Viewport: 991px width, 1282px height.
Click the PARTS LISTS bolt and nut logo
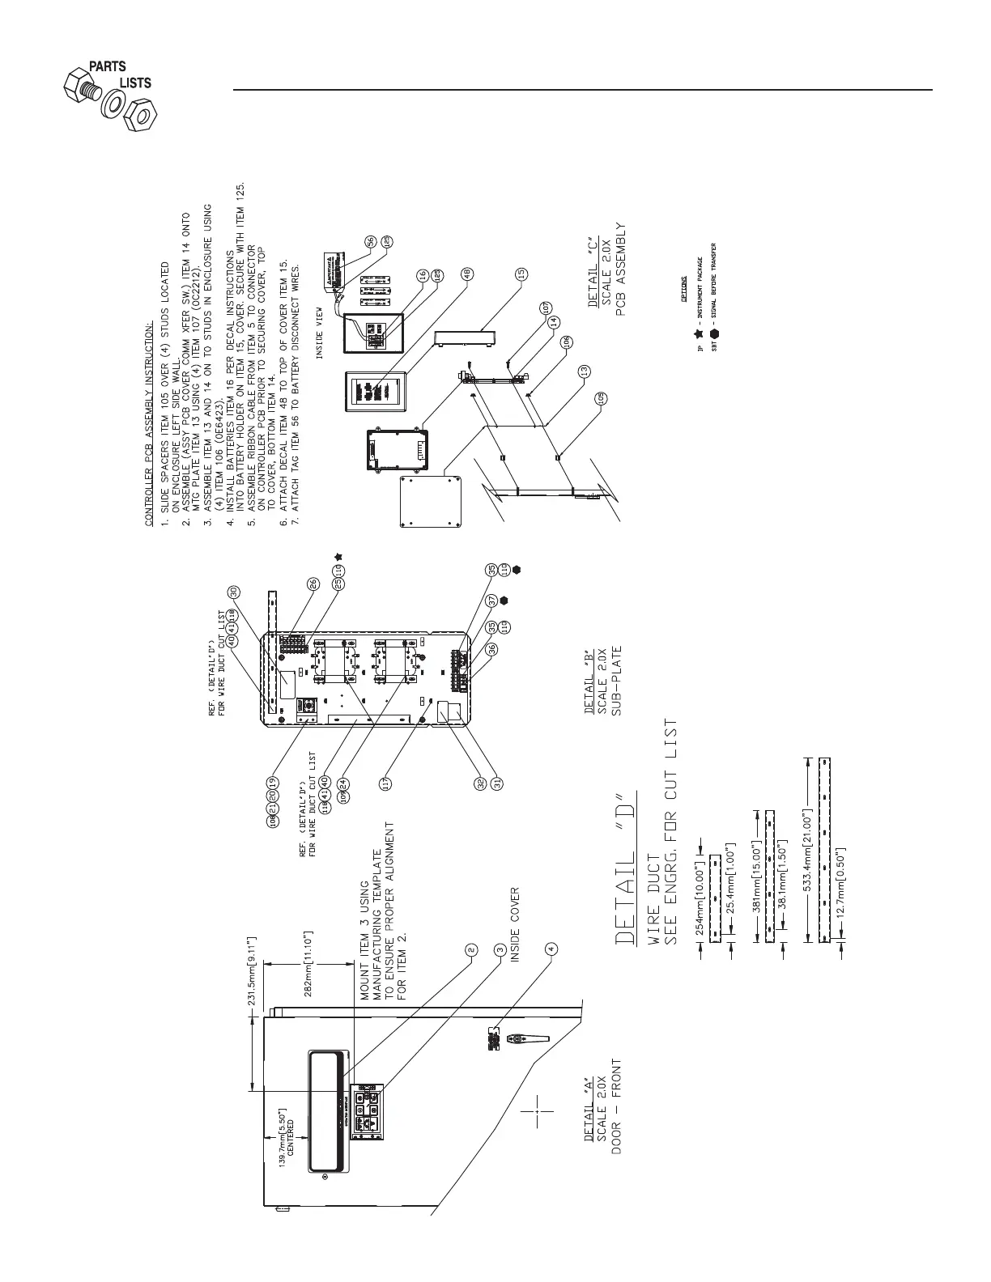[x=108, y=94]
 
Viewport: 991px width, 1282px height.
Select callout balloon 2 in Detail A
[x=471, y=949]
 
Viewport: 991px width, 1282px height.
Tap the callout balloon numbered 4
[x=552, y=949]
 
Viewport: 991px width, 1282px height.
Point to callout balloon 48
[x=467, y=274]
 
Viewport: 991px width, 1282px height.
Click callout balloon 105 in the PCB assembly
[x=601, y=397]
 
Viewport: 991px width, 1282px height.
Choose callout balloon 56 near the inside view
[x=370, y=241]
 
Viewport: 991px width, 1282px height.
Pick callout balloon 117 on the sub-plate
[x=386, y=783]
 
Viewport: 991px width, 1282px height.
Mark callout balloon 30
[x=233, y=592]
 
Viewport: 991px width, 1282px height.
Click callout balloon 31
[x=498, y=783]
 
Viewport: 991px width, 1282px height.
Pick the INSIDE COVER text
[x=515, y=925]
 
